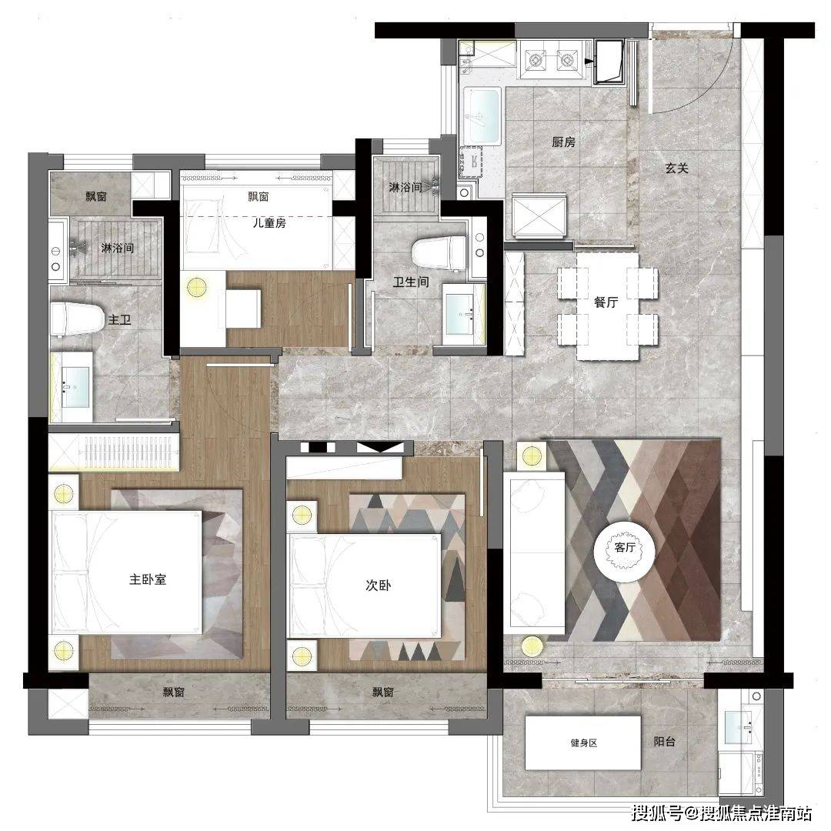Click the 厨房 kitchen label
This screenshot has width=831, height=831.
point(563,142)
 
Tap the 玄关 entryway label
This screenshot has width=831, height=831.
point(677,169)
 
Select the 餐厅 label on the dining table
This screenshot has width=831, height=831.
point(606,302)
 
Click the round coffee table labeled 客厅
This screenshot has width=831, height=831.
point(625,548)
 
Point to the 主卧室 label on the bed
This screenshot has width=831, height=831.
point(148,579)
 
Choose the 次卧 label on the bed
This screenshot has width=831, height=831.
point(379,585)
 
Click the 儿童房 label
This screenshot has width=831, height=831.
point(269,223)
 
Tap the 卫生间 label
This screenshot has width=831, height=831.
point(411,282)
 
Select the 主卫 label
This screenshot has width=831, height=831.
point(119,320)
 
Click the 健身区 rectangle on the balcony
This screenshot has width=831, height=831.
point(583,743)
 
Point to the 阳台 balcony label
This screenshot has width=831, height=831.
point(665,742)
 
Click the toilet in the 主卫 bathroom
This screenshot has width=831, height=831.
point(78,319)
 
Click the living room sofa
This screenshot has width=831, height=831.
point(534,552)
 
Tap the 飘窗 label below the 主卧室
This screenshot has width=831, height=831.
point(174,692)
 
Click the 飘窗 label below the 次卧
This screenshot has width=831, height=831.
point(382,692)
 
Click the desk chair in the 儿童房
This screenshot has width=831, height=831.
point(243,309)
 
